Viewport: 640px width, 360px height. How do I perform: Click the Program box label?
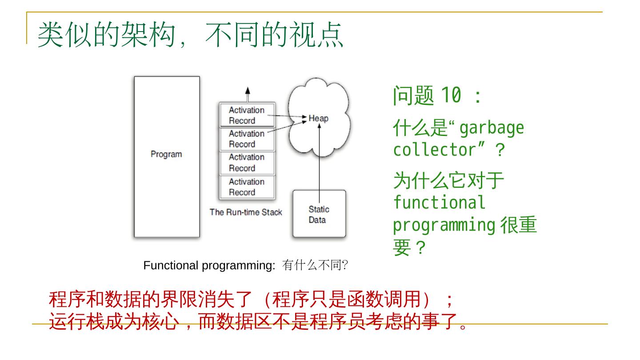[x=166, y=154]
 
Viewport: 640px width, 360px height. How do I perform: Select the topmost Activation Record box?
[x=247, y=115]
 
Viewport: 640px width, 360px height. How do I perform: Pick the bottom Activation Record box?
[x=247, y=187]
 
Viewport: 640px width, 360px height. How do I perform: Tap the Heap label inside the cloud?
[x=318, y=118]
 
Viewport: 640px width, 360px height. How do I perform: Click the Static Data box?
[x=318, y=215]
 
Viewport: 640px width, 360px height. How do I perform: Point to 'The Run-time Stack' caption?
[x=246, y=212]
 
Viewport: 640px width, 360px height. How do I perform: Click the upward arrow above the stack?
[x=248, y=94]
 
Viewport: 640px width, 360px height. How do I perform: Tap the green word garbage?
[x=491, y=129]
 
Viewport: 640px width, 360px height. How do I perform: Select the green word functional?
[x=439, y=203]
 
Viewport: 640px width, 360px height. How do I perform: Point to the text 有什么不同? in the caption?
[x=315, y=266]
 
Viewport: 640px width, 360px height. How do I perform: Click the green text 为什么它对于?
[x=448, y=181]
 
